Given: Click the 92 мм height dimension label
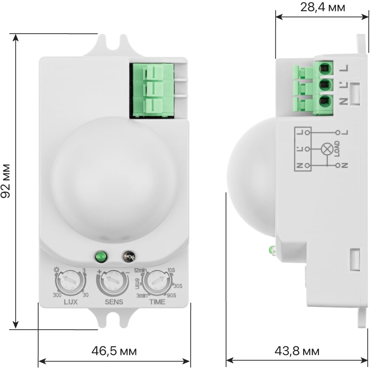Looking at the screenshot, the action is click(x=6, y=181).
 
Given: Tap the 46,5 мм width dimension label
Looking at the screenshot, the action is click(x=114, y=351).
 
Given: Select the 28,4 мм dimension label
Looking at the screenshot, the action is click(x=323, y=7).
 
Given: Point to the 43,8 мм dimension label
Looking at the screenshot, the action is click(x=297, y=351).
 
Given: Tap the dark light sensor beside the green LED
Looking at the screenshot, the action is click(x=129, y=256).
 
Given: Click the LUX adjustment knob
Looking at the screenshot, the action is click(x=70, y=282).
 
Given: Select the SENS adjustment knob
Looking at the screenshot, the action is click(x=113, y=282).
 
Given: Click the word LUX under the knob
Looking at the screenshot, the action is click(x=71, y=302).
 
